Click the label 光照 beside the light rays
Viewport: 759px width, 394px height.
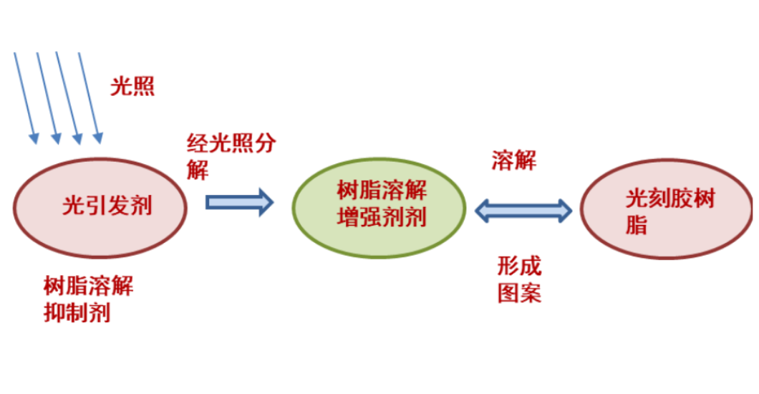click(132, 86)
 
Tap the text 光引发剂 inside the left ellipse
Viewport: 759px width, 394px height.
click(107, 206)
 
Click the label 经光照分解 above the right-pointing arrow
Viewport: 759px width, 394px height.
click(231, 143)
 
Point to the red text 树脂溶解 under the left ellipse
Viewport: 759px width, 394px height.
click(88, 287)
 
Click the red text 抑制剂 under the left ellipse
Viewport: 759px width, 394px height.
click(77, 312)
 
